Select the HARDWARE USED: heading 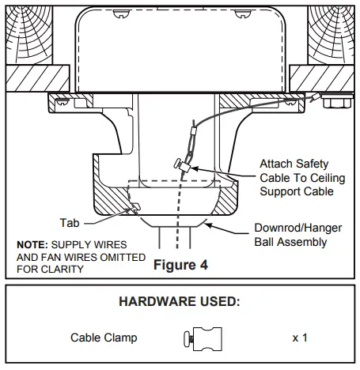pos(180,302)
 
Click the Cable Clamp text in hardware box pos(104,338)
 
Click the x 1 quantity pos(299,338)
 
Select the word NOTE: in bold pos(32,245)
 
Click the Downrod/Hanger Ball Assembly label pos(297,235)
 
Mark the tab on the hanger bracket pos(135,207)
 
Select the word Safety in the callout pos(312,164)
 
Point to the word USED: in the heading pos(216,302)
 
